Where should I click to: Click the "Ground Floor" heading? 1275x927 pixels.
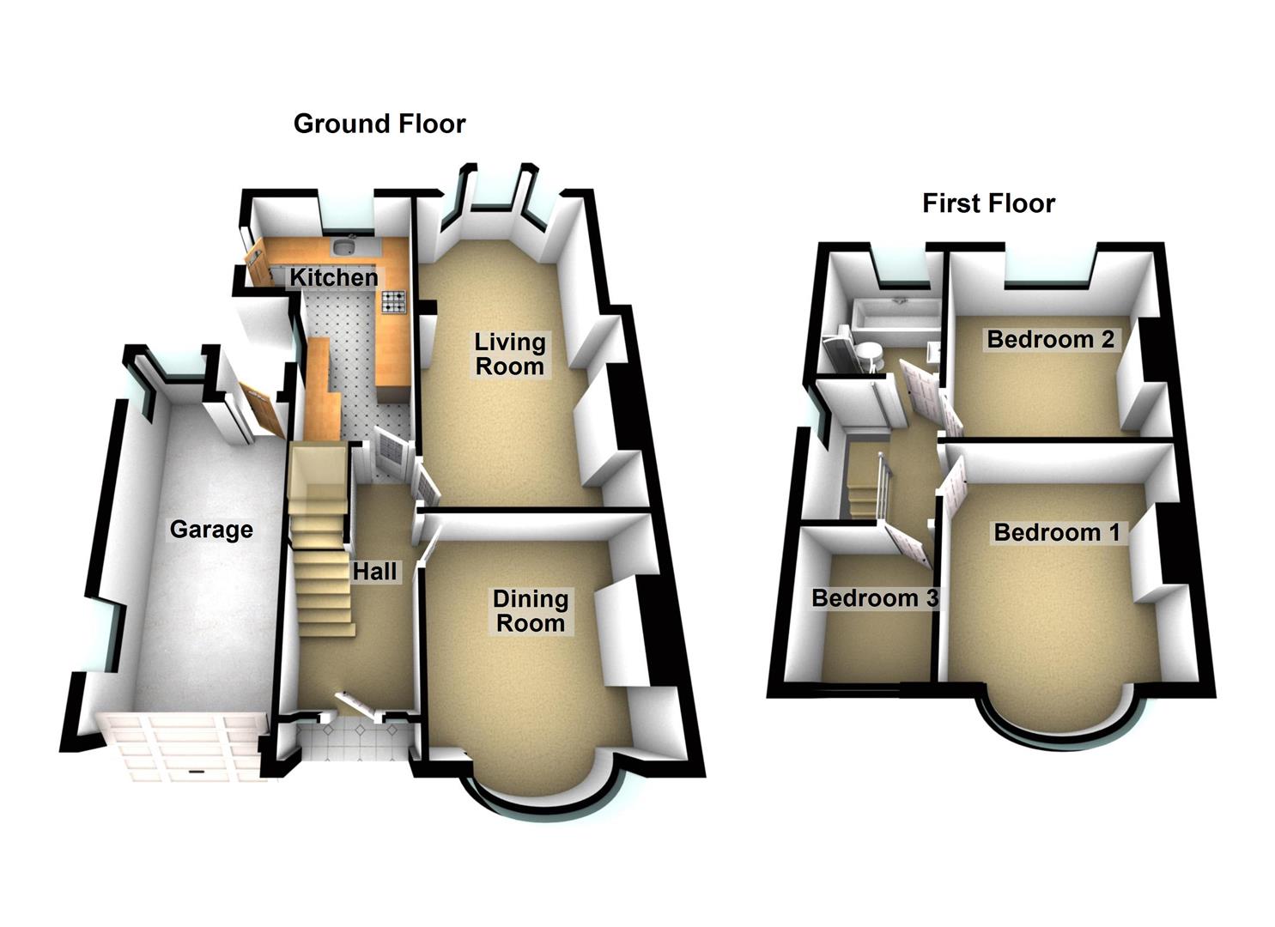pyautogui.click(x=379, y=124)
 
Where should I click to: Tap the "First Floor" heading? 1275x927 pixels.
pyautogui.click(x=988, y=203)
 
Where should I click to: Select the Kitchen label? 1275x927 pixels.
pyautogui.click(x=333, y=277)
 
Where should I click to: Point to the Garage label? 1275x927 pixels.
pyautogui.click(x=211, y=529)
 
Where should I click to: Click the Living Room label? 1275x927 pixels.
pyautogui.click(x=510, y=354)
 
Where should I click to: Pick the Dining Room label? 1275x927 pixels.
pyautogui.click(x=531, y=610)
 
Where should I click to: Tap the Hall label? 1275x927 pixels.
pyautogui.click(x=375, y=571)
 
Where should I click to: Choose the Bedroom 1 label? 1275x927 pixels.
pyautogui.click(x=1056, y=532)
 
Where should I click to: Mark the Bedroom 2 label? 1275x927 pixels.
pyautogui.click(x=1050, y=339)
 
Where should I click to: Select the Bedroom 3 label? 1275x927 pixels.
pyautogui.click(x=874, y=597)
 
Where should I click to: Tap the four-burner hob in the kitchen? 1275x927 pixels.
pyautogui.click(x=394, y=300)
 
